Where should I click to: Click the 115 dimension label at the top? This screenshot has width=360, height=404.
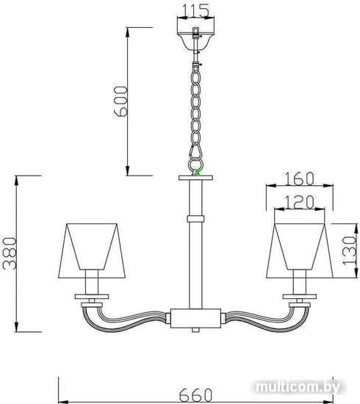point(195,10)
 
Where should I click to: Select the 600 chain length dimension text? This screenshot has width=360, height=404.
point(120,101)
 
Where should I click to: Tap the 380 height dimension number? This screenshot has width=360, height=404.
point(10,253)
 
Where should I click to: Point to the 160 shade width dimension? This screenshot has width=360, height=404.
point(299,178)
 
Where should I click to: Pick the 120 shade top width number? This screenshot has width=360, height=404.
point(299,202)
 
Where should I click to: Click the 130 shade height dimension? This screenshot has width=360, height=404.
point(349,250)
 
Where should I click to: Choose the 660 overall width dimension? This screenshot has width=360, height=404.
point(195,394)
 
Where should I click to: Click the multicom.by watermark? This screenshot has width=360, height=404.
point(298,387)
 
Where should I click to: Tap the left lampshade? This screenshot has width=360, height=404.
point(92,250)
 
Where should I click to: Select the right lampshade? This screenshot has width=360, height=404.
point(300,250)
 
